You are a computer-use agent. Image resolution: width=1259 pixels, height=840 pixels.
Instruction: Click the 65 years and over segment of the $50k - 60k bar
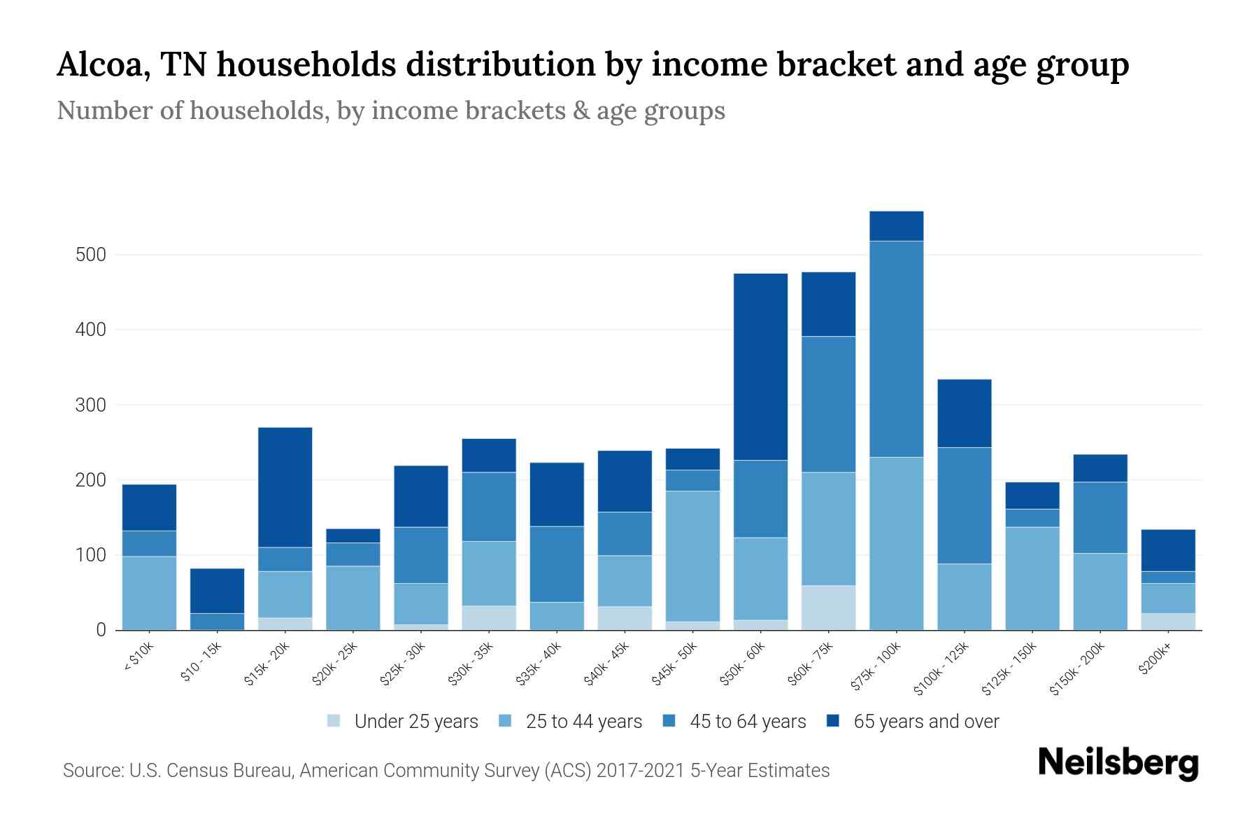[x=760, y=366]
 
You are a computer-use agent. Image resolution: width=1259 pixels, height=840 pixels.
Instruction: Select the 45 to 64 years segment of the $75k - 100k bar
[x=896, y=349]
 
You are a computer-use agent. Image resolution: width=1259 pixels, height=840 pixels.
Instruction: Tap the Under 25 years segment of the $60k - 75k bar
[x=828, y=607]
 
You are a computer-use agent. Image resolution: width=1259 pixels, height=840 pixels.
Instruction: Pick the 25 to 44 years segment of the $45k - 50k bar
[x=692, y=555]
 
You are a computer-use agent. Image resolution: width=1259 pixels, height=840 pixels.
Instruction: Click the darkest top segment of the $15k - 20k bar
[x=285, y=486]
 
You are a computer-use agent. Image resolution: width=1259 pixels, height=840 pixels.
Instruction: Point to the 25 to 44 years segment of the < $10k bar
[x=149, y=592]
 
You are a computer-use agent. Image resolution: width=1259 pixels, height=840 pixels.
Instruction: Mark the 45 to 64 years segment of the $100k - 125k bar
[x=964, y=505]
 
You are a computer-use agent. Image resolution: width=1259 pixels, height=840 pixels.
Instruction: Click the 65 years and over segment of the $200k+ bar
[x=1168, y=550]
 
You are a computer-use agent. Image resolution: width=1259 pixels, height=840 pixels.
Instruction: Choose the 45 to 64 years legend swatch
[x=669, y=721]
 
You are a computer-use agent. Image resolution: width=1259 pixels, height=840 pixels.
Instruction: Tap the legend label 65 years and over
[x=925, y=721]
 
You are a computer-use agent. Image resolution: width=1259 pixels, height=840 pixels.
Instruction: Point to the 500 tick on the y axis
[x=91, y=255]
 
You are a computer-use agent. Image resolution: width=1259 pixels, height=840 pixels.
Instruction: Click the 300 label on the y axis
[x=91, y=405]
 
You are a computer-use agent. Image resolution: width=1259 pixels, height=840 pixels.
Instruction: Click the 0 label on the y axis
[x=101, y=630]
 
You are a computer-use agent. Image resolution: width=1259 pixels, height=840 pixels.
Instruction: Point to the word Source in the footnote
[x=90, y=771]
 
